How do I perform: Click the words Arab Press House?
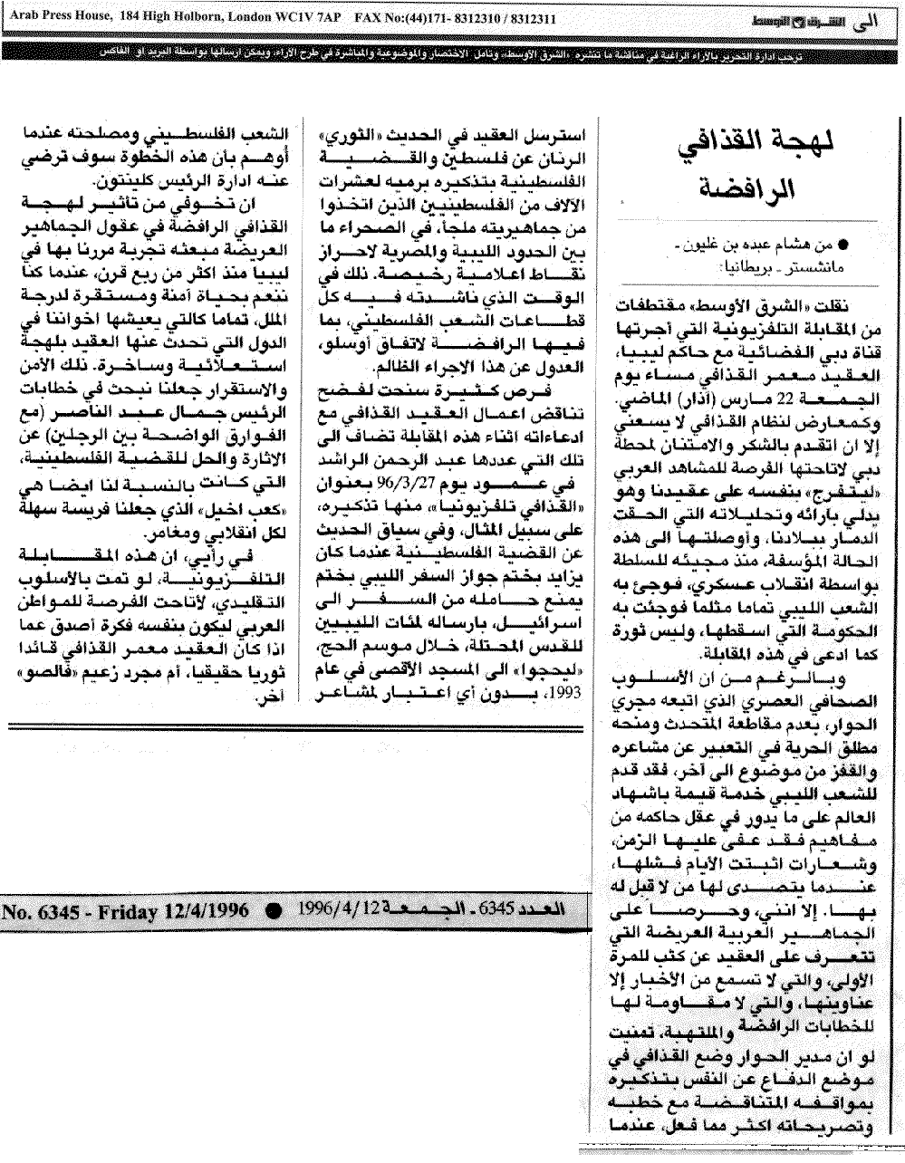click(x=49, y=16)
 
